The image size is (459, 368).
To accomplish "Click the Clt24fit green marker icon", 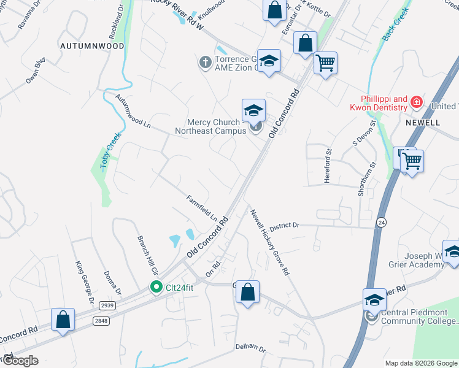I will click(x=156, y=286).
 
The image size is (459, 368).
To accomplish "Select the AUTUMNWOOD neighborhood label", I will click(x=92, y=46).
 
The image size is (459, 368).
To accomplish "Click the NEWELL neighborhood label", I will click(x=423, y=123).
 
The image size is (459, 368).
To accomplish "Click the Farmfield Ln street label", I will click(x=202, y=209).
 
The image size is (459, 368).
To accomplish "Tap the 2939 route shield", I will click(x=107, y=305).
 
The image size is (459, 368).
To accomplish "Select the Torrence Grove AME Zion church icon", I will click(x=204, y=62).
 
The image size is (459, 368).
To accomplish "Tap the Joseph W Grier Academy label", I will click(x=423, y=260).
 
